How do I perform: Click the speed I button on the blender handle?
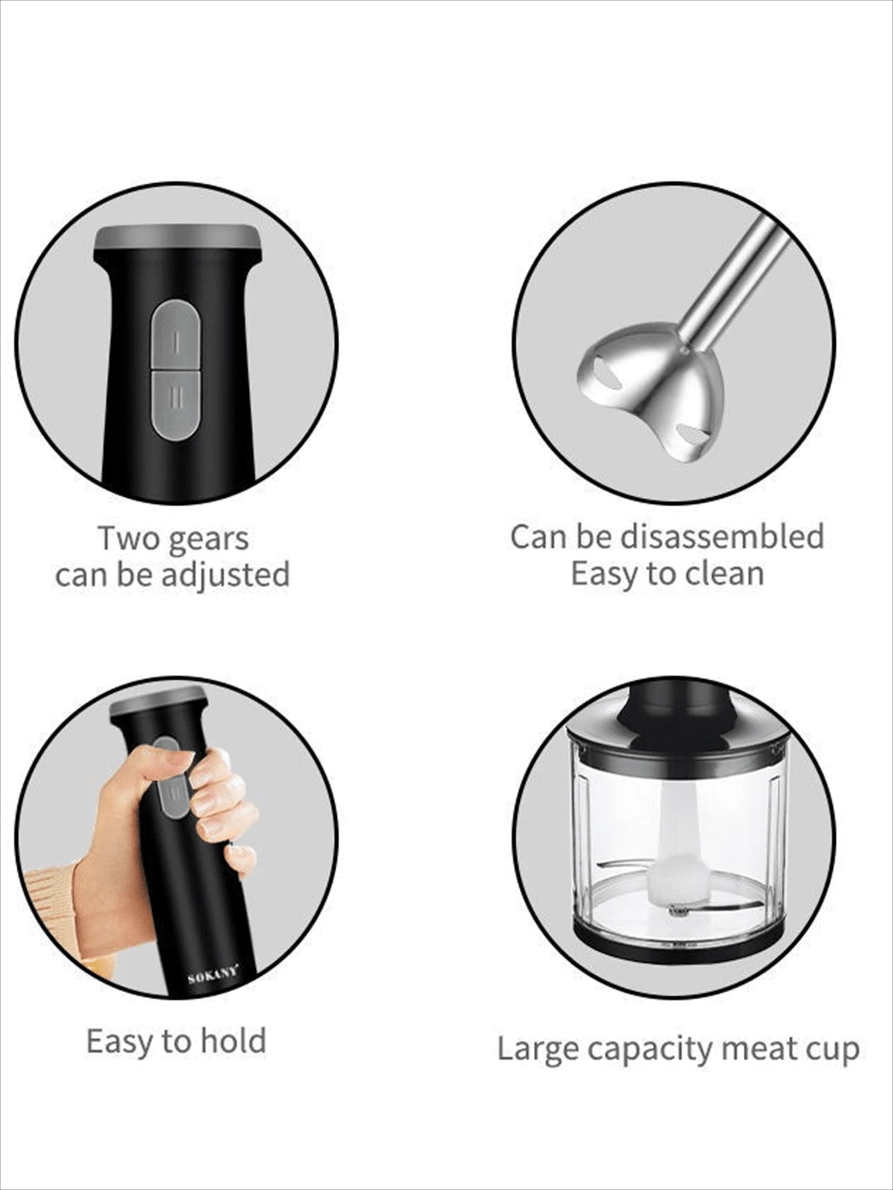[x=175, y=334]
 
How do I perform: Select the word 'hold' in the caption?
[x=233, y=1040]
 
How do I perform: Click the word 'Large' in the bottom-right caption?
[x=538, y=1049]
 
